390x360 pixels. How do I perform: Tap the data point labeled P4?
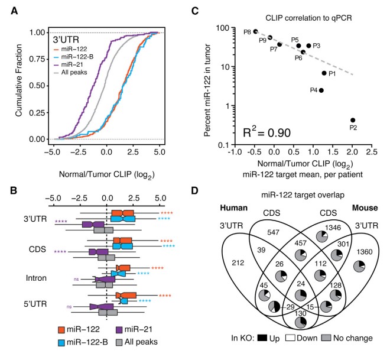coord(321,90)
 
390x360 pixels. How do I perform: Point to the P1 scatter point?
coord(324,73)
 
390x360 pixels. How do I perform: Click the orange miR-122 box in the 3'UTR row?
coord(123,212)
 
